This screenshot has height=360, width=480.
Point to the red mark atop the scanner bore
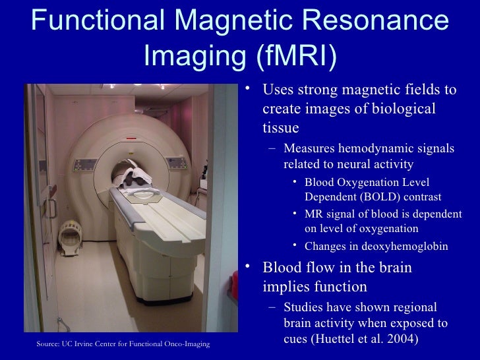click(x=131, y=138)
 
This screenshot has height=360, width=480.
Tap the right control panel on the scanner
click(x=179, y=162)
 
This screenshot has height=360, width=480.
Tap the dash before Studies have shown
click(x=271, y=308)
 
